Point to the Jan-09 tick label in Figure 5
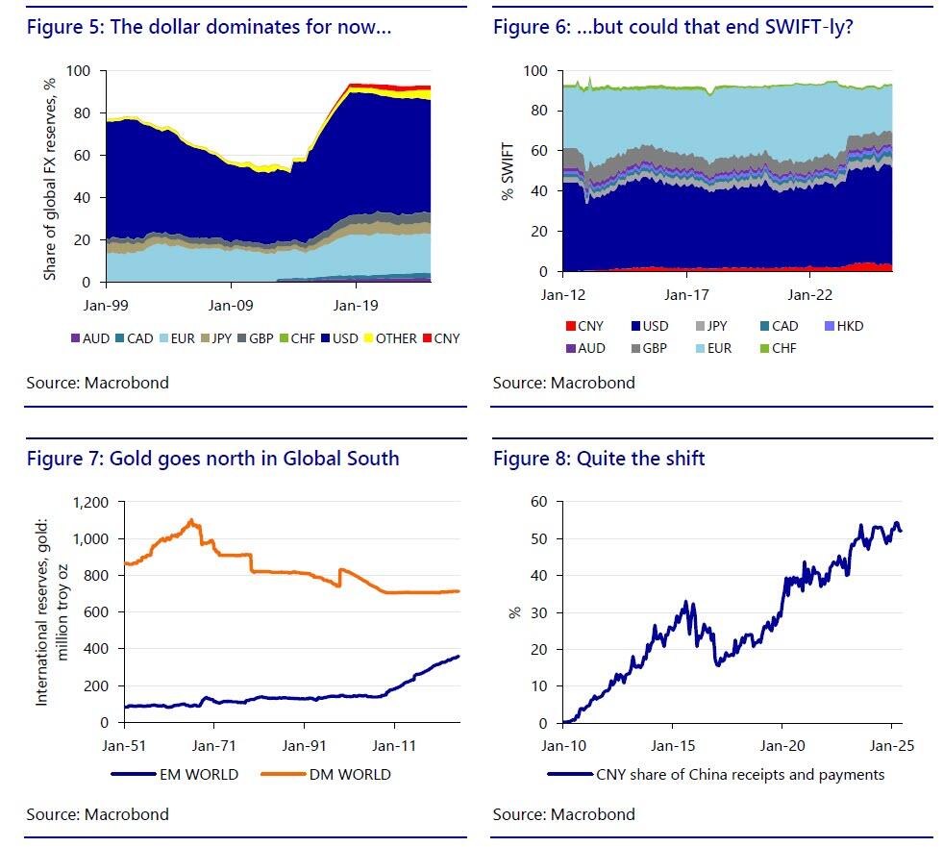pos(232,305)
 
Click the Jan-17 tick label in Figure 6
pos(686,295)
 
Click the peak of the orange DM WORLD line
pos(191,520)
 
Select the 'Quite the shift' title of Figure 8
pos(640,459)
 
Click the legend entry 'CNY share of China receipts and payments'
pos(739,774)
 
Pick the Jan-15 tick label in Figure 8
pos(673,744)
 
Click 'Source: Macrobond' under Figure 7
pos(97,814)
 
